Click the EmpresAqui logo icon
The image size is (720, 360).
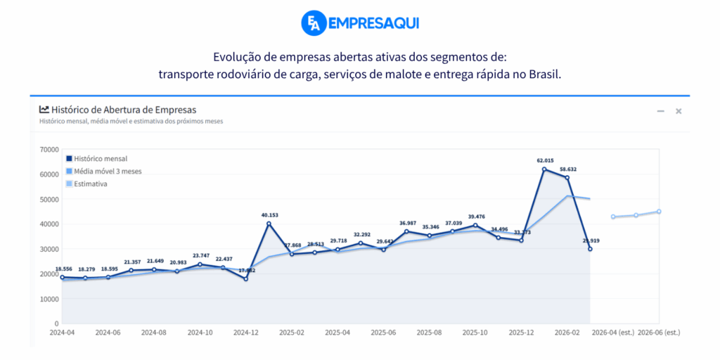(x=313, y=23)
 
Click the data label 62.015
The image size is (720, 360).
(x=544, y=160)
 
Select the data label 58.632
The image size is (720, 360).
(x=568, y=169)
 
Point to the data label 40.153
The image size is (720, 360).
(x=269, y=215)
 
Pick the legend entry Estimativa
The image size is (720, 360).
(x=91, y=184)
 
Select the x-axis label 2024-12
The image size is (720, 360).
(x=246, y=333)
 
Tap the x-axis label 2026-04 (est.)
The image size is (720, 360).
(x=612, y=333)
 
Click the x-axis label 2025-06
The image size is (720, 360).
(x=383, y=333)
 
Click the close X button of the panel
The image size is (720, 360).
(x=679, y=111)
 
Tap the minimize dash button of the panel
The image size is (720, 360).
(x=661, y=111)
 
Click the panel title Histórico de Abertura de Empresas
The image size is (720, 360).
(x=124, y=110)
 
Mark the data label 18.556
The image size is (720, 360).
(x=62, y=269)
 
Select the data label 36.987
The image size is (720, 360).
(x=406, y=223)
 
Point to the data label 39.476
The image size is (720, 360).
(x=475, y=217)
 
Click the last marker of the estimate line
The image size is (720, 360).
(x=659, y=212)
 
